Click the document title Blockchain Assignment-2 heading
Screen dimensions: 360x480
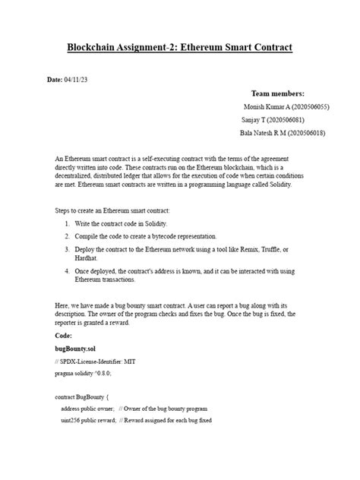[179, 48]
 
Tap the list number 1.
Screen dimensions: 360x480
[68, 223]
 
